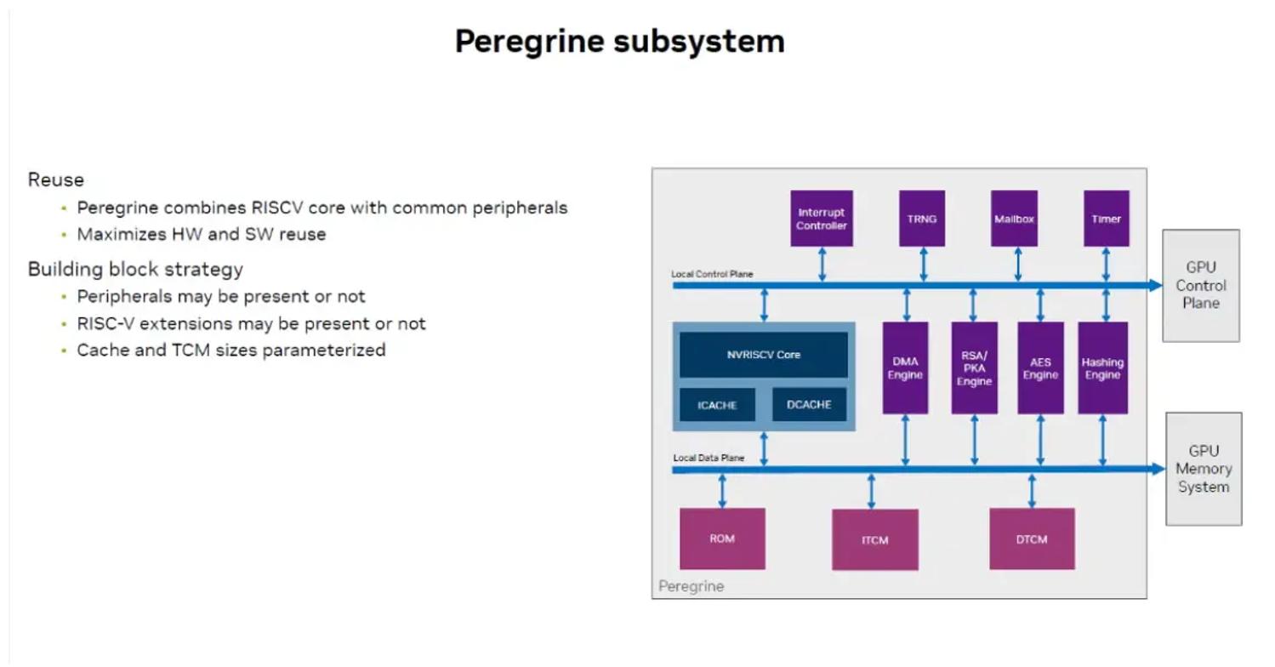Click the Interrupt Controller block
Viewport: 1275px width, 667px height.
822,219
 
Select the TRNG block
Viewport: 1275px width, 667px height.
922,219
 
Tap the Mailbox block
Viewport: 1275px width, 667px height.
1014,219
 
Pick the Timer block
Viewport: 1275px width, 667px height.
1106,219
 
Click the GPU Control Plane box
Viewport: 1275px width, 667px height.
1200,286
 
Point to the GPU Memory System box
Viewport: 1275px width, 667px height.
1203,469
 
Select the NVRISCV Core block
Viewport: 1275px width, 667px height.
763,355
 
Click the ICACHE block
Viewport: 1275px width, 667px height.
717,405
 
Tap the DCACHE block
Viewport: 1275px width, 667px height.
809,405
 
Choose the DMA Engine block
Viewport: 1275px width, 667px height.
905,368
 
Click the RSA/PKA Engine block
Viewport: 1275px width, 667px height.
974,368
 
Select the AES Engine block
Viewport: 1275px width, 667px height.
1040,368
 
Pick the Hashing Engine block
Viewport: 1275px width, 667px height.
1102,368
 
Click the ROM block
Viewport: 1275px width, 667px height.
722,539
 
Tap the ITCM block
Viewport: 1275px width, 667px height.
874,539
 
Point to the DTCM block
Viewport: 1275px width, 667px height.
1032,539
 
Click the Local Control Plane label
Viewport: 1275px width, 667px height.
712,274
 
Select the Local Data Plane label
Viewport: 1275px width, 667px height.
709,458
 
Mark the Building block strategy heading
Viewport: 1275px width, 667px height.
135,270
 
